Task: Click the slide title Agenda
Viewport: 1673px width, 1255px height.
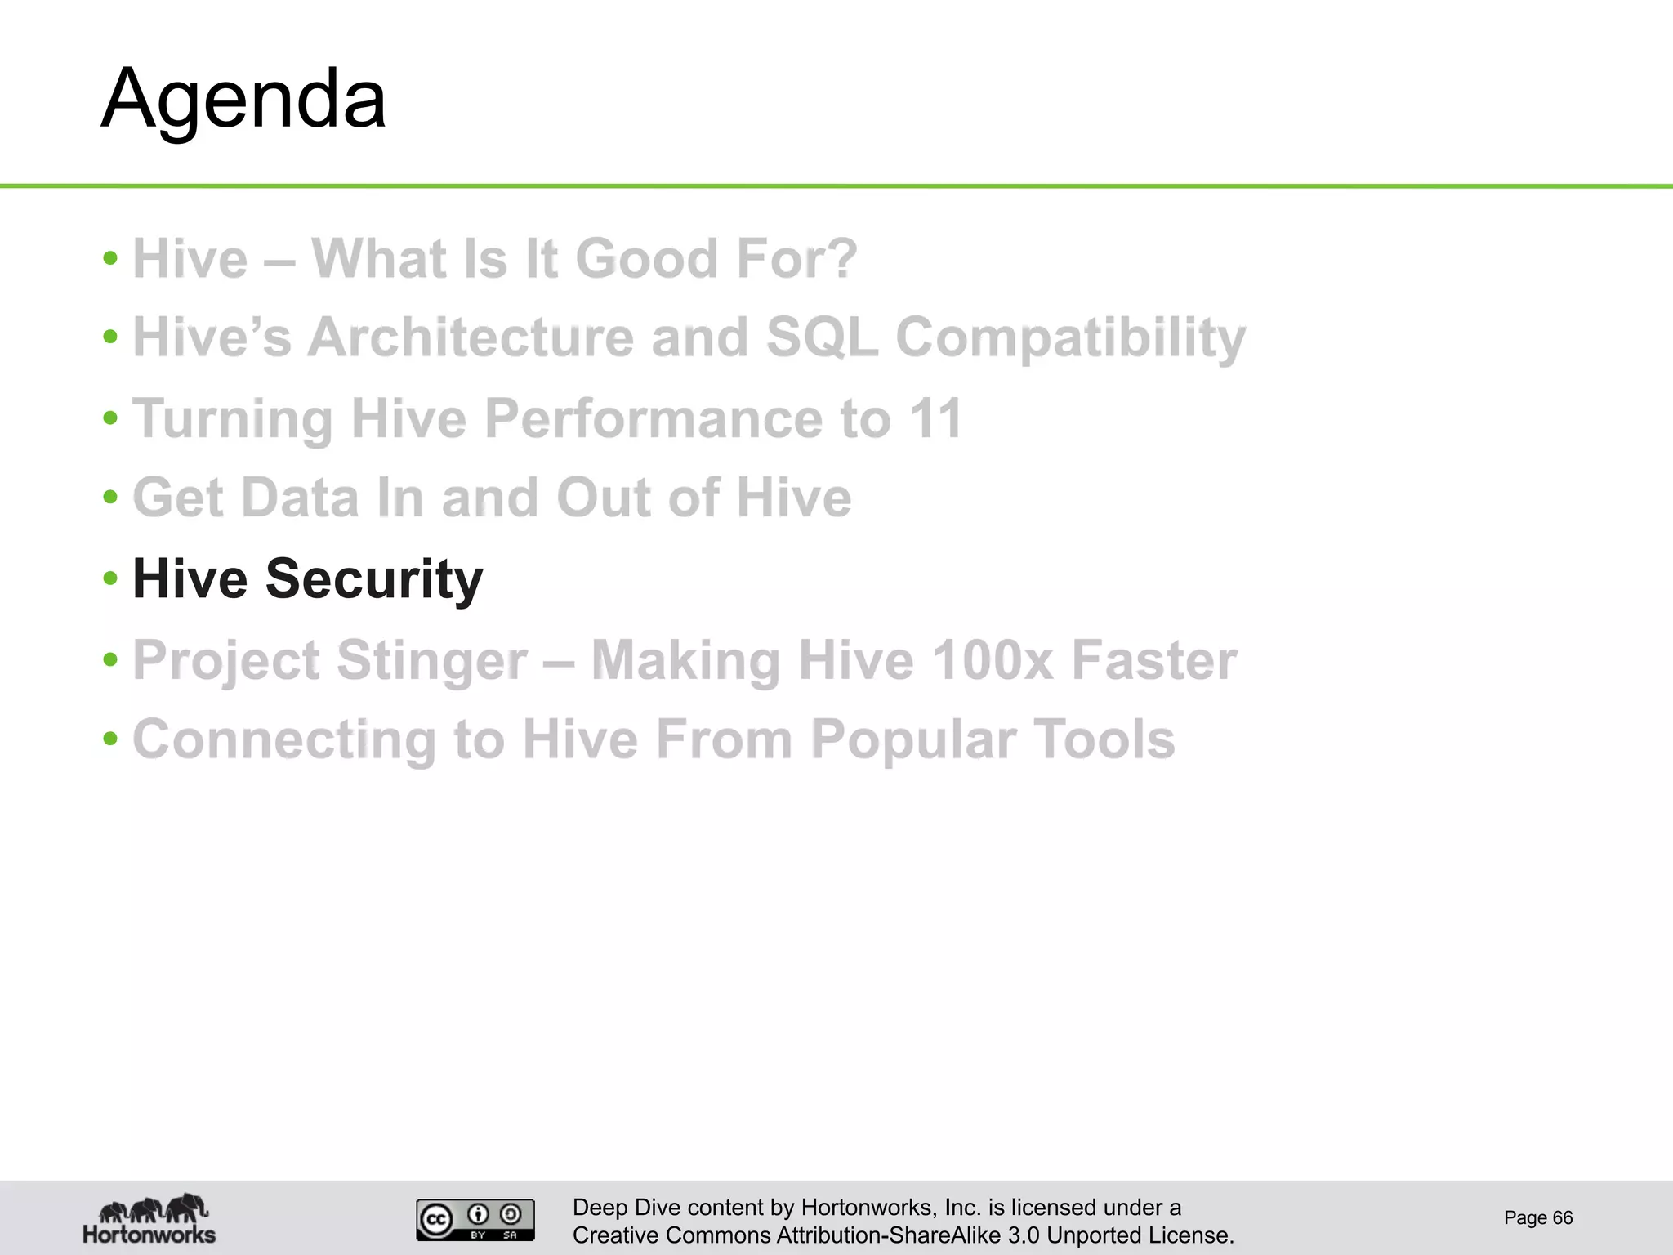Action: coord(243,100)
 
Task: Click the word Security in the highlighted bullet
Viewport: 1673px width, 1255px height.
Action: coord(374,579)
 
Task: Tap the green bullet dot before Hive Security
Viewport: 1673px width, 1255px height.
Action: coord(111,578)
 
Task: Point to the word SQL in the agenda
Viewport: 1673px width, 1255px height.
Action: coord(821,337)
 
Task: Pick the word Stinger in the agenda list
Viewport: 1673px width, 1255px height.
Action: coord(431,660)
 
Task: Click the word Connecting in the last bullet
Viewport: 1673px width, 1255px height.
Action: coord(284,739)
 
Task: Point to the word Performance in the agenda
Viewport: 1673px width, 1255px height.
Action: coord(654,418)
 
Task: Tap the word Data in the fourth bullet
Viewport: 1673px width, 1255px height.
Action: coord(300,498)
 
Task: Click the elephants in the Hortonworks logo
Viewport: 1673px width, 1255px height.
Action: coord(154,1207)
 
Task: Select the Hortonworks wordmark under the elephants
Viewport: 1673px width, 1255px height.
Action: coord(149,1234)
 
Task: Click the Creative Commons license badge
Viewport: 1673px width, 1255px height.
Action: coord(475,1220)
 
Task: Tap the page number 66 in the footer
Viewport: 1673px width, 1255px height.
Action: coord(1562,1217)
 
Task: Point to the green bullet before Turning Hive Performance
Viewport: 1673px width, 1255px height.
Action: coord(111,418)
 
